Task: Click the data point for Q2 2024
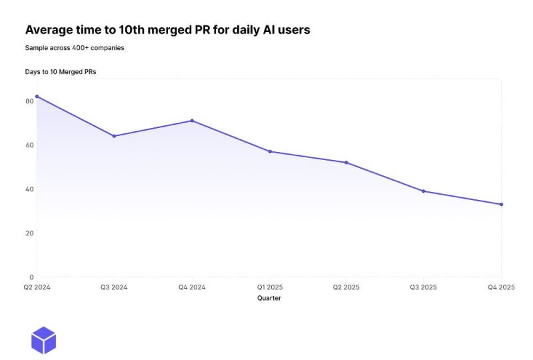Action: tap(37, 97)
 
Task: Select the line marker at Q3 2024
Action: tap(114, 136)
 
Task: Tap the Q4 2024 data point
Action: tap(192, 121)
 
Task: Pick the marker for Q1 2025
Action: tap(270, 151)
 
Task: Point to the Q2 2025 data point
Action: tap(346, 163)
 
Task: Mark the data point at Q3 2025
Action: tap(424, 191)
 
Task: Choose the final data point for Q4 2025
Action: tap(501, 204)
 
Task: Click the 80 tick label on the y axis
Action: tap(29, 101)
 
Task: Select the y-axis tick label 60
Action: tap(29, 145)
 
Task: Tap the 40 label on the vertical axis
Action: tap(29, 189)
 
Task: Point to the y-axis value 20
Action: tap(29, 233)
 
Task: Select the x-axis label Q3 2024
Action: tap(114, 287)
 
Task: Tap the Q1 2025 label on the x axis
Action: tap(269, 287)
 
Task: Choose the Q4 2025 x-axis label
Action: tap(501, 287)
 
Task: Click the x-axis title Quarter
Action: tap(269, 299)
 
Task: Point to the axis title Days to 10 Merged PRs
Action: tap(61, 71)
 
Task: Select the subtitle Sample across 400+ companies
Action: tap(75, 48)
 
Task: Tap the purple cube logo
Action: tap(44, 340)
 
